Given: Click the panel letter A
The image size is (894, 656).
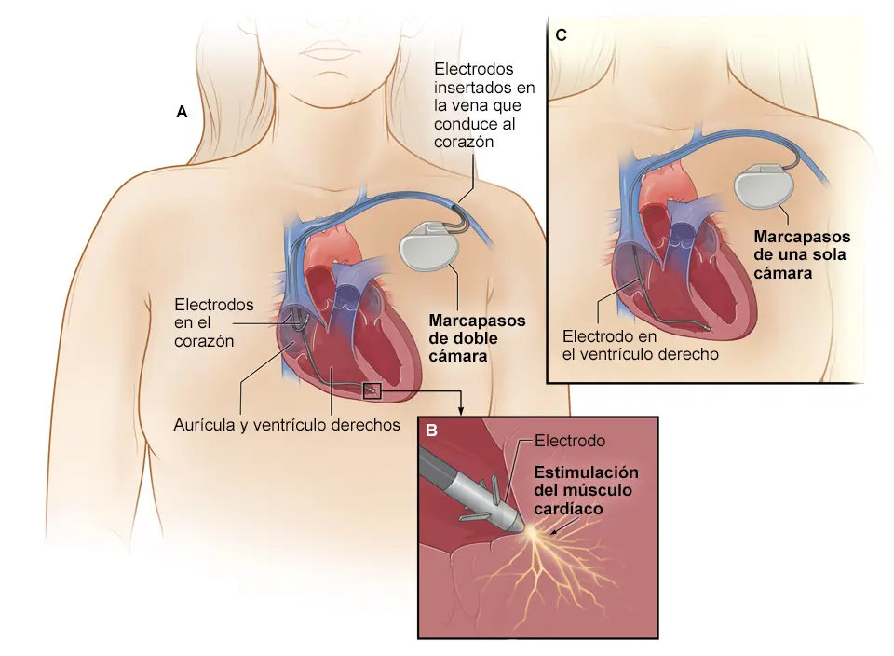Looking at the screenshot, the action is pyautogui.click(x=182, y=112).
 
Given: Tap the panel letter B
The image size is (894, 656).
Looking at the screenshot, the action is pyautogui.click(x=431, y=430).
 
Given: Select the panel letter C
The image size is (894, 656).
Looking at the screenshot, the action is pyautogui.click(x=561, y=35).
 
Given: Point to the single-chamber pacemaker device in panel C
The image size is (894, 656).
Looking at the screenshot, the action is pyautogui.click(x=764, y=186).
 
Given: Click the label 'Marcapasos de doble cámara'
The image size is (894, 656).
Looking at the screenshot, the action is pyautogui.click(x=477, y=338).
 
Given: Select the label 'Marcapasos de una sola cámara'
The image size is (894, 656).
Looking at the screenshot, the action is pyautogui.click(x=802, y=255).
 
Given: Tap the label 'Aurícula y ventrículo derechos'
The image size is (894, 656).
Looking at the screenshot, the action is pyautogui.click(x=287, y=425).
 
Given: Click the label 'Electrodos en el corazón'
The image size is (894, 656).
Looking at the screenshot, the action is pyautogui.click(x=214, y=322).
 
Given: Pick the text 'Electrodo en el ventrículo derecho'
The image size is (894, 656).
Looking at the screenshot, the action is pyautogui.click(x=641, y=345).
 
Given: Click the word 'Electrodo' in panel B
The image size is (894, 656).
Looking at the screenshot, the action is pyautogui.click(x=570, y=441).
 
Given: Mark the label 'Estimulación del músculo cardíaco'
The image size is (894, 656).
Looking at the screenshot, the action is pyautogui.click(x=586, y=490).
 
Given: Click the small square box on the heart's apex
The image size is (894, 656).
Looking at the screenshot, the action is pyautogui.click(x=372, y=390).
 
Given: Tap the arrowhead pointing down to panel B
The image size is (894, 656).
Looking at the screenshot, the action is pyautogui.click(x=461, y=411).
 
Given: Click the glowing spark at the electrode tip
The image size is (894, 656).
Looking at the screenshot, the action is pyautogui.click(x=532, y=532).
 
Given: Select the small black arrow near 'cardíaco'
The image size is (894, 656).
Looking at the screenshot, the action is pyautogui.click(x=559, y=530).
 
